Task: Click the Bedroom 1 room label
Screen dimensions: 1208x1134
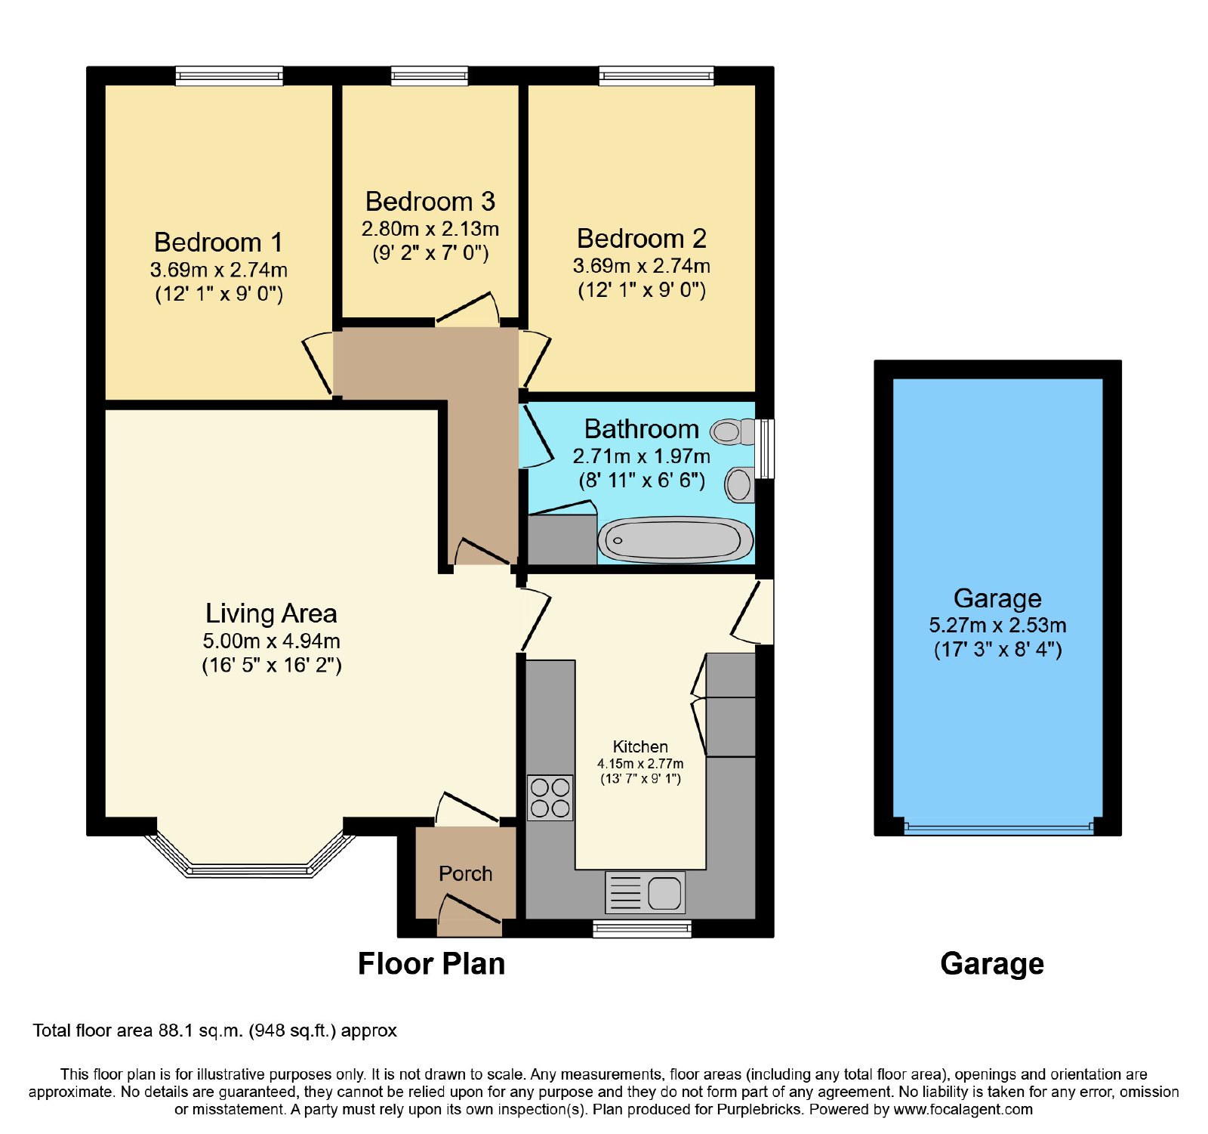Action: click(218, 243)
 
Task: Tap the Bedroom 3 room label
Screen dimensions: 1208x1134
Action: click(430, 202)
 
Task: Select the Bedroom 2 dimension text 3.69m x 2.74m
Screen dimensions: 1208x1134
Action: click(642, 266)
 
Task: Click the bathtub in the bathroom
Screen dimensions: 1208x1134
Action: click(676, 540)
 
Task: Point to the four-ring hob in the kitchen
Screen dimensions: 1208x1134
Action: click(550, 798)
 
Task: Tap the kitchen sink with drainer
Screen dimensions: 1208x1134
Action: click(645, 892)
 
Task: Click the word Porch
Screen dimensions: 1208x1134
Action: click(466, 874)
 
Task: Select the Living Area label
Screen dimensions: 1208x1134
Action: click(271, 613)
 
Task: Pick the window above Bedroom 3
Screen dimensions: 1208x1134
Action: click(430, 76)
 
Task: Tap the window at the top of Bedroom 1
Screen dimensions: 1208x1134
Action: click(230, 76)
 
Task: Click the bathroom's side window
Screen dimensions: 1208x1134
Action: click(765, 449)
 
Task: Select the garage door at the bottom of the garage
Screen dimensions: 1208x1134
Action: click(998, 827)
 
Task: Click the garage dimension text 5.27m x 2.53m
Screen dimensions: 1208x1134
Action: click(998, 626)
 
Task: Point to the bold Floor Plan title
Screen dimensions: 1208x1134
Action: click(431, 964)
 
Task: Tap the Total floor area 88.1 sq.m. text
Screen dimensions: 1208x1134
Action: click(214, 1030)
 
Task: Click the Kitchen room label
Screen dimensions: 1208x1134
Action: click(640, 747)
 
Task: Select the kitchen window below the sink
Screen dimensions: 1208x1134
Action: click(642, 929)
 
